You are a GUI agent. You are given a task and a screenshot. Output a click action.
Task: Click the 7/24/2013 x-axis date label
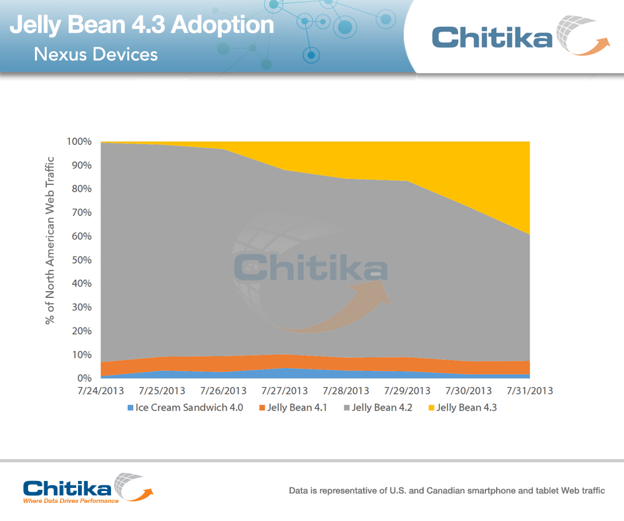(x=100, y=391)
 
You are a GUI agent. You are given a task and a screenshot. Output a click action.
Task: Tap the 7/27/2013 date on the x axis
(x=284, y=391)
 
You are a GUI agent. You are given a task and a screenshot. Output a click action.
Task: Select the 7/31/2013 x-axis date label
(x=529, y=391)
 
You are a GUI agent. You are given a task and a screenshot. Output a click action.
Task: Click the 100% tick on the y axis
(x=79, y=142)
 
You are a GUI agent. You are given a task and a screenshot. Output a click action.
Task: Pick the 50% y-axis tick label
(x=81, y=260)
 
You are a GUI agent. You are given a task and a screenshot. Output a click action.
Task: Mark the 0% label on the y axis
(x=84, y=379)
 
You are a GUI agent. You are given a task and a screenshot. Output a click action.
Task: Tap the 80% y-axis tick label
(x=81, y=189)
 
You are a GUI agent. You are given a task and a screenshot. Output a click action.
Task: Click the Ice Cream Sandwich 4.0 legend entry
(x=185, y=408)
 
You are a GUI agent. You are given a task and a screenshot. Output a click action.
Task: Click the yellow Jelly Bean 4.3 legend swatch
(x=431, y=408)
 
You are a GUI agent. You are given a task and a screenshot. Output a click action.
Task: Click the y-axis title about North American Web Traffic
(x=50, y=241)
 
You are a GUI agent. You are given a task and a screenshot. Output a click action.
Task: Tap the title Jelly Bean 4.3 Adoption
(x=142, y=25)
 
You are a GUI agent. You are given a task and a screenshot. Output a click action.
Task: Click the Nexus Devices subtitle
(x=95, y=54)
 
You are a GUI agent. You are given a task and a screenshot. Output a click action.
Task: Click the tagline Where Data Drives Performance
(x=70, y=501)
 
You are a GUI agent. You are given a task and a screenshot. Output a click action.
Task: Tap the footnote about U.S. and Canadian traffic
(x=447, y=491)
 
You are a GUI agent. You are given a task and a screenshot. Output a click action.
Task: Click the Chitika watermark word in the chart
(x=310, y=267)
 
